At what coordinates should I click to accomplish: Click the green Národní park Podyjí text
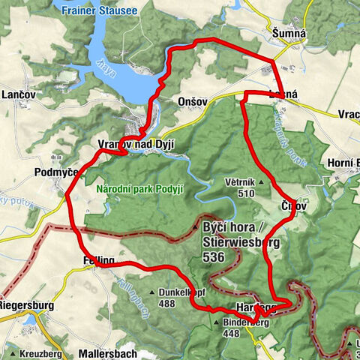tap(139, 189)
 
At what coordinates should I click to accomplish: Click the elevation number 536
tap(212, 256)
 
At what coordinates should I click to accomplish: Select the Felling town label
tap(94, 260)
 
